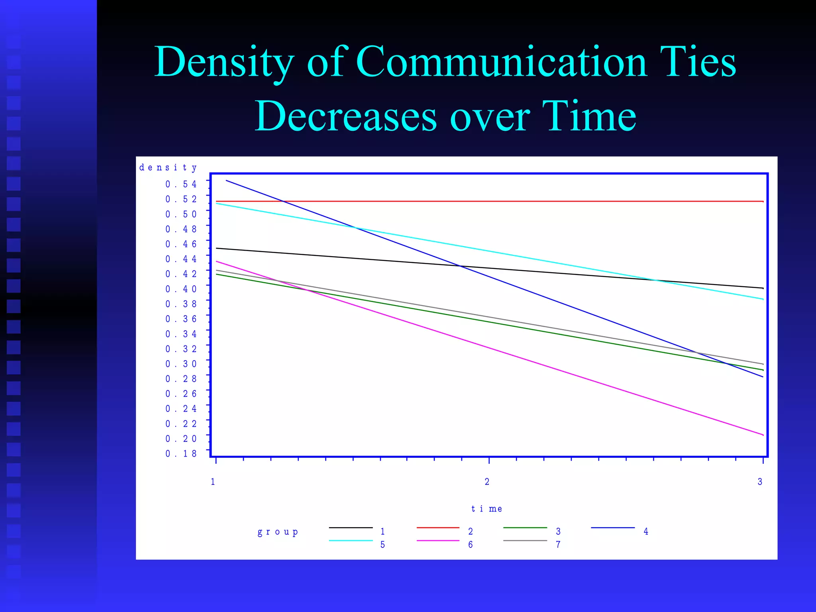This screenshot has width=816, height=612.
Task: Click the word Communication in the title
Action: pos(501,62)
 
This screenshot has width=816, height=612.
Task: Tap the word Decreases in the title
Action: pos(346,116)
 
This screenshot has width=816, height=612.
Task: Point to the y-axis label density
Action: pos(168,167)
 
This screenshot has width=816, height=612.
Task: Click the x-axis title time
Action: pos(486,509)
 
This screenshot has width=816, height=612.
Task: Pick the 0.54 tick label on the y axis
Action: pos(181,184)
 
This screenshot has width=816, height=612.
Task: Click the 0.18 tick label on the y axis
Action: pos(181,453)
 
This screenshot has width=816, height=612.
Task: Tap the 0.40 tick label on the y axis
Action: pos(181,289)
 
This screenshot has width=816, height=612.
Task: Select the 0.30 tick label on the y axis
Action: pos(181,364)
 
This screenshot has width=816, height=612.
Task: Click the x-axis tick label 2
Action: pos(487,482)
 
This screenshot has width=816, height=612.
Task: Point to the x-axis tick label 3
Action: pos(760,482)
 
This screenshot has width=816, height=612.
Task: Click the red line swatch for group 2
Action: pos(438,528)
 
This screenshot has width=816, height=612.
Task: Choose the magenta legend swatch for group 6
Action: pos(438,541)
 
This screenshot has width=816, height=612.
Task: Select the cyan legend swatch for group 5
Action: pos(351,541)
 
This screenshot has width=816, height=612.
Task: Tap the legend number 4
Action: pos(646,532)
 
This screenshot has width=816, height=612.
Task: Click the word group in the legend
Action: pos(278,532)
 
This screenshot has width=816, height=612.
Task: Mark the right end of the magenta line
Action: pos(763,435)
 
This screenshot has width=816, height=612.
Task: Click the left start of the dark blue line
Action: pos(227,180)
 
